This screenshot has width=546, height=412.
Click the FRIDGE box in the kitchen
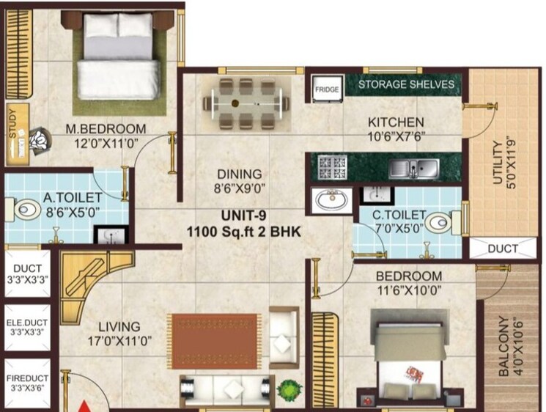(x=327, y=90)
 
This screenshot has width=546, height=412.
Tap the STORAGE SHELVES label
(x=406, y=84)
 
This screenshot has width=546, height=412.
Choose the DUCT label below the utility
(x=502, y=249)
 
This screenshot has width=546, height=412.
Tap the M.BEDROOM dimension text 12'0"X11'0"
(x=106, y=144)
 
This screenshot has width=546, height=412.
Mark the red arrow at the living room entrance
(x=86, y=405)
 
